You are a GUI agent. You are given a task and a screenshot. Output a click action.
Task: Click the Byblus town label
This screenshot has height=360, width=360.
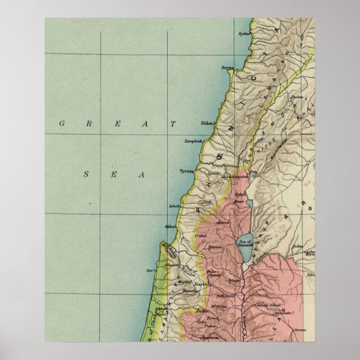[x=244, y=33]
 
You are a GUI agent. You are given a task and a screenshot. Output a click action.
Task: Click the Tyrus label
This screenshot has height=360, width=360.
[x=187, y=172]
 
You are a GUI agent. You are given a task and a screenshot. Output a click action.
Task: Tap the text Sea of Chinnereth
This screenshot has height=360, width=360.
[x=245, y=240]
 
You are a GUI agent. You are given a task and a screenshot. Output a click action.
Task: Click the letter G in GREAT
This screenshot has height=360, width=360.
[x=62, y=124]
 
